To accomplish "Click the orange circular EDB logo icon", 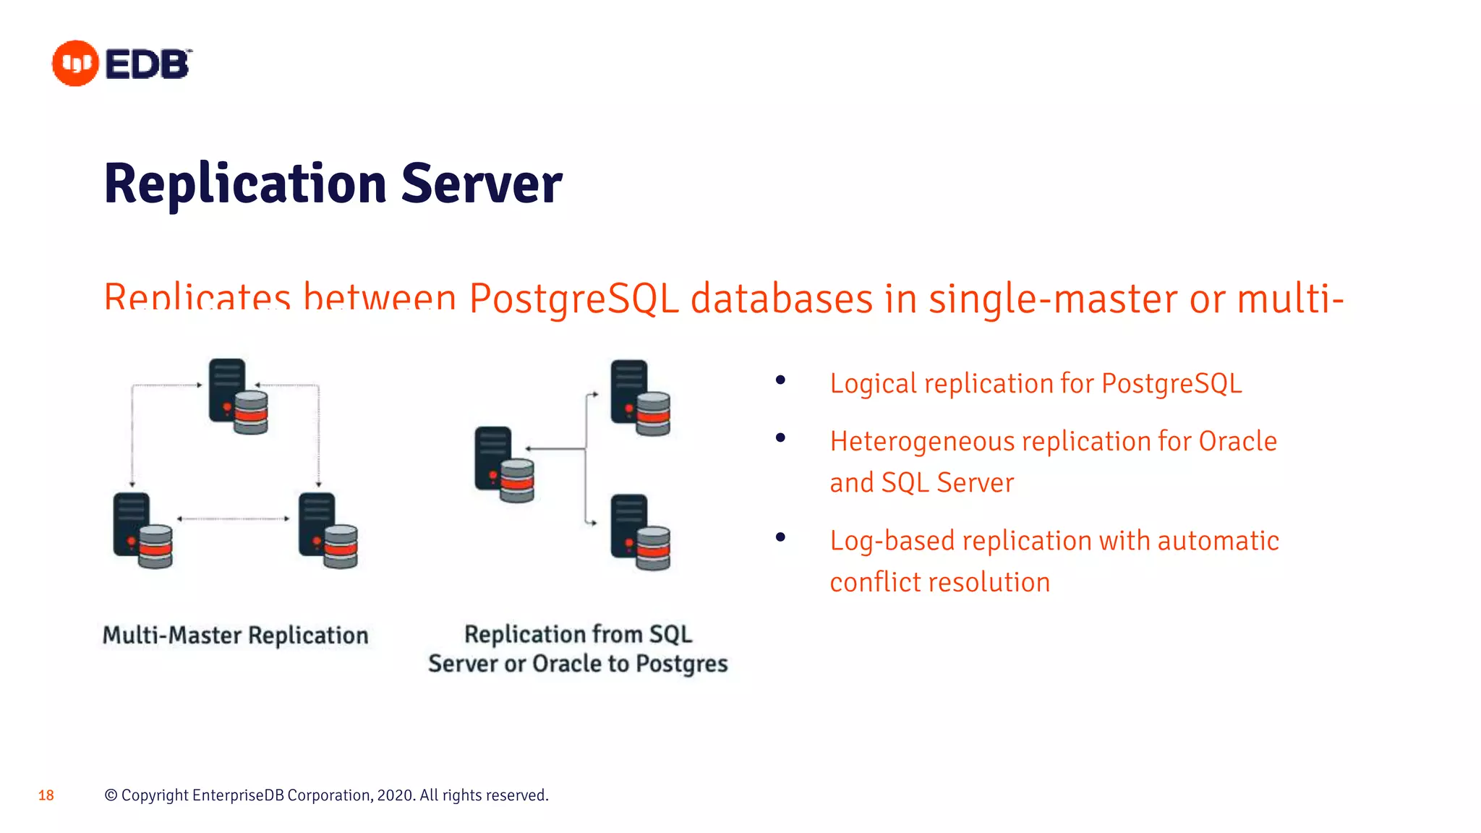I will click(x=75, y=64).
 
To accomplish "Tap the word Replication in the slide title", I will click(x=245, y=184).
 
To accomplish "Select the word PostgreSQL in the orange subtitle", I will click(x=574, y=299).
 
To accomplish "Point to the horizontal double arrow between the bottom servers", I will click(x=233, y=518).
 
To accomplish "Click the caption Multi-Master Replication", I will click(x=235, y=635).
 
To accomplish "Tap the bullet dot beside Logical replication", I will click(x=780, y=380).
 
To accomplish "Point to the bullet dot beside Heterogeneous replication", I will click(x=780, y=437).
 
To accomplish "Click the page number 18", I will click(x=46, y=795).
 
